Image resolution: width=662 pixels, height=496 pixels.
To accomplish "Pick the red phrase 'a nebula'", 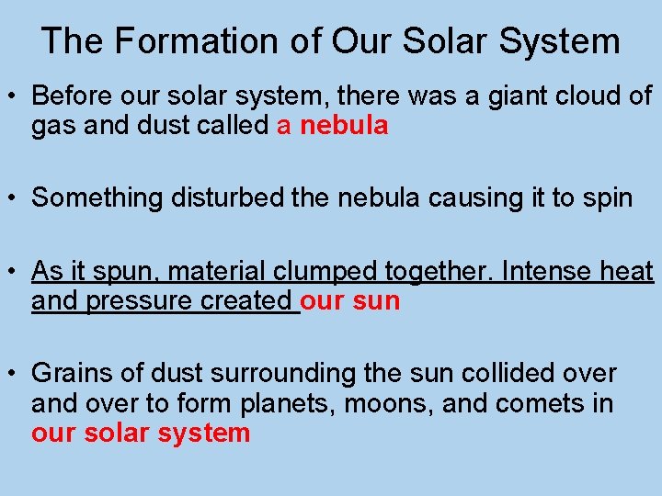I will (333, 127).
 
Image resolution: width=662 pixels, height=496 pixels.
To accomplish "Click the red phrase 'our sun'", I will (350, 302).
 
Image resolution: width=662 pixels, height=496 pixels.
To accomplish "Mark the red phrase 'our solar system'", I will (141, 434).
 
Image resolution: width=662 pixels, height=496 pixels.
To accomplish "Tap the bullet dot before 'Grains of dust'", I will (14, 375).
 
